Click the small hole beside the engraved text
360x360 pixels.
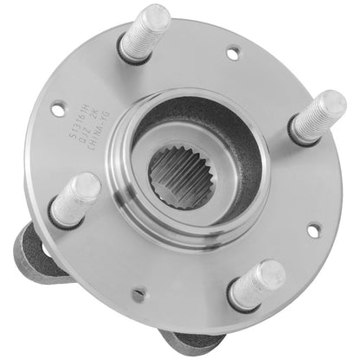pyautogui.click(x=58, y=110)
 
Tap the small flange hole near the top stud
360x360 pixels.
pyautogui.click(x=233, y=53)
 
